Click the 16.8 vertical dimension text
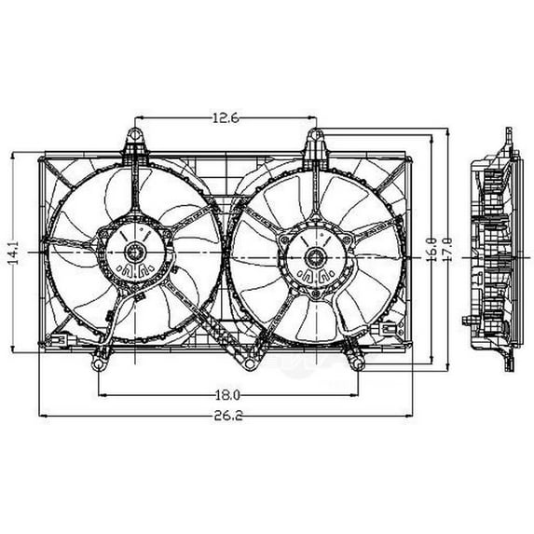pos(431,253)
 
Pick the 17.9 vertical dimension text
pos(448,253)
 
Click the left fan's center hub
pos(134,251)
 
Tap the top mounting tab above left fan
pos(135,146)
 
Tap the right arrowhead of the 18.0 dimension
pos(353,393)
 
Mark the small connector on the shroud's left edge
pos(57,342)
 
